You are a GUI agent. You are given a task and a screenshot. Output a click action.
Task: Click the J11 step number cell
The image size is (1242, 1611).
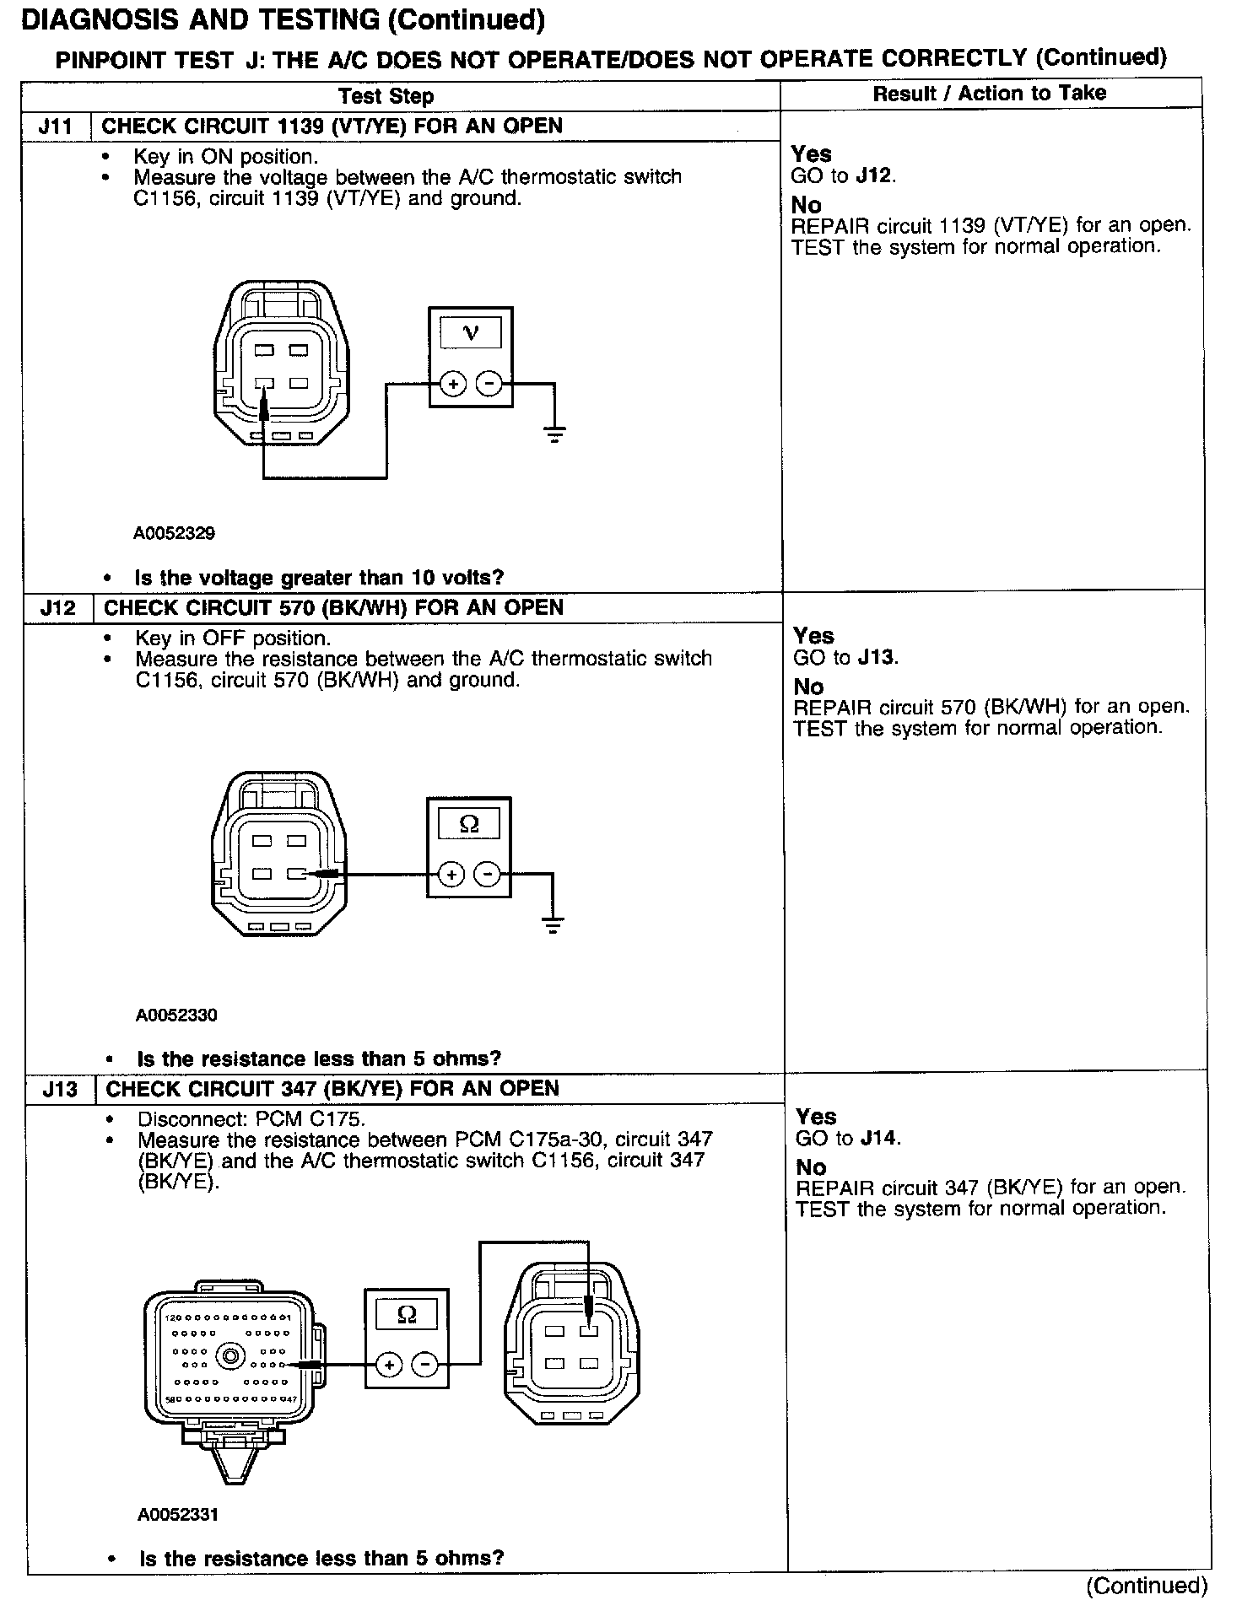coord(56,127)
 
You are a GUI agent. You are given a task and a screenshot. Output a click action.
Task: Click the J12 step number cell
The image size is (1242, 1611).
coord(57,608)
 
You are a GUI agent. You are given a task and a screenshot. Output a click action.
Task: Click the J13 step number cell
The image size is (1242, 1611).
coord(60,1089)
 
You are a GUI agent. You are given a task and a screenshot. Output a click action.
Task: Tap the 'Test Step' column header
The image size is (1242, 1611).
coord(386,96)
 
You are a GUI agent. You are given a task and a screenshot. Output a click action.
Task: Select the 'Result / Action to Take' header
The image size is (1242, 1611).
coord(989,94)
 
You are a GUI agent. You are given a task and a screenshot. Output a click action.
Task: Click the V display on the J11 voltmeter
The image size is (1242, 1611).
coord(471,332)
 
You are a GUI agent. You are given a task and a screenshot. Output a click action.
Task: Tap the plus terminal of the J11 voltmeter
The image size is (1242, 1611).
coord(453,385)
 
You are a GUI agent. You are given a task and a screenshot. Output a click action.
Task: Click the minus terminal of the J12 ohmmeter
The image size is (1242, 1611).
coord(487,875)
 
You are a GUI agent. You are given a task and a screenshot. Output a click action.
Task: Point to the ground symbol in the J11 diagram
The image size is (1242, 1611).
coord(554,435)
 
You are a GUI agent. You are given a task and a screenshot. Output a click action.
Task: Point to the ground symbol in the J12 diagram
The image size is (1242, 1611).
coord(553,925)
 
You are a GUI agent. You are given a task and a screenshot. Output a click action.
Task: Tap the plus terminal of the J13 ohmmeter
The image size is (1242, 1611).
coord(388,1365)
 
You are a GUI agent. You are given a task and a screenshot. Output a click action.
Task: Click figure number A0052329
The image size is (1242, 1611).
coord(174,533)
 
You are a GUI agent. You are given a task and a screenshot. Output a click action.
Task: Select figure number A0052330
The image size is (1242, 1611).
coord(176,1015)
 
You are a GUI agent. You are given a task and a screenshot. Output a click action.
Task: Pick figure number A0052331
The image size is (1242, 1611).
coord(178,1514)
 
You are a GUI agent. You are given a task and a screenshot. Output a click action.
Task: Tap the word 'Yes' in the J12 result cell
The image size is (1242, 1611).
coord(813,636)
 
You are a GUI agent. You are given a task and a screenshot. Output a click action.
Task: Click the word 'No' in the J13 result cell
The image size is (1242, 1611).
coord(810,1167)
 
